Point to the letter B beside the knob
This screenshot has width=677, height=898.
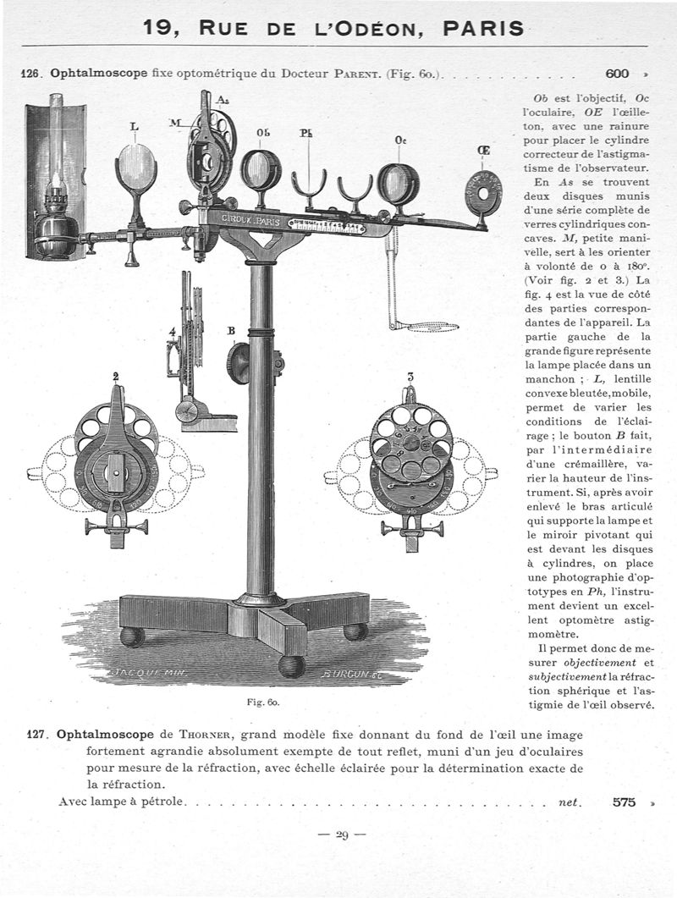click(x=229, y=331)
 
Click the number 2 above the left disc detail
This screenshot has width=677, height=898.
click(x=115, y=376)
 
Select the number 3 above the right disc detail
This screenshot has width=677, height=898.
click(x=410, y=377)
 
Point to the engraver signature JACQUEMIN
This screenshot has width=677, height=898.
click(x=149, y=674)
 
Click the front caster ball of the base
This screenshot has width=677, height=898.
click(x=292, y=665)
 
